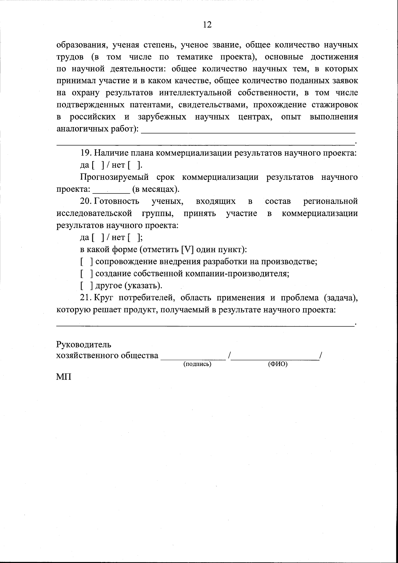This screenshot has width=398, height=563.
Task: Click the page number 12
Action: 207,25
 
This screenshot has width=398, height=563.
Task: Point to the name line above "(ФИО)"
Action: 275,357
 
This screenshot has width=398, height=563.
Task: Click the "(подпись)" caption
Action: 197,364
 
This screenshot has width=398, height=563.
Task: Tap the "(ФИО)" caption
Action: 277,364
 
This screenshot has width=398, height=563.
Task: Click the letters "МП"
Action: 64,378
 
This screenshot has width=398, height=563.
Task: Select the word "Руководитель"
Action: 84,345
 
